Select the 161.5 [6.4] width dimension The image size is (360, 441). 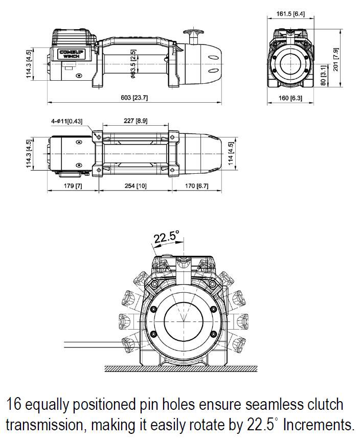coord(290,14)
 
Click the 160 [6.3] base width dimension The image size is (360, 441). coord(290,98)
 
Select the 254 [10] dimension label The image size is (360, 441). coord(135,186)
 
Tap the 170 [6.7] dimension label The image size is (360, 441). coord(196,186)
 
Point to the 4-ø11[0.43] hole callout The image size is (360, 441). coord(70,121)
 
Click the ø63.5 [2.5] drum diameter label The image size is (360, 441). coord(132,64)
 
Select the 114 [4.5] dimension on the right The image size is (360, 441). coord(232,152)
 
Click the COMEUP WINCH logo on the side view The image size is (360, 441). coord(70,54)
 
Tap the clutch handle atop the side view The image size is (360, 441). coord(195,36)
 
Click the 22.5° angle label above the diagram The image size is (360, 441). coord(167,237)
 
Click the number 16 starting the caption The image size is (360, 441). coord(14,405)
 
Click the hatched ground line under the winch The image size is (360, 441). coord(182,368)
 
